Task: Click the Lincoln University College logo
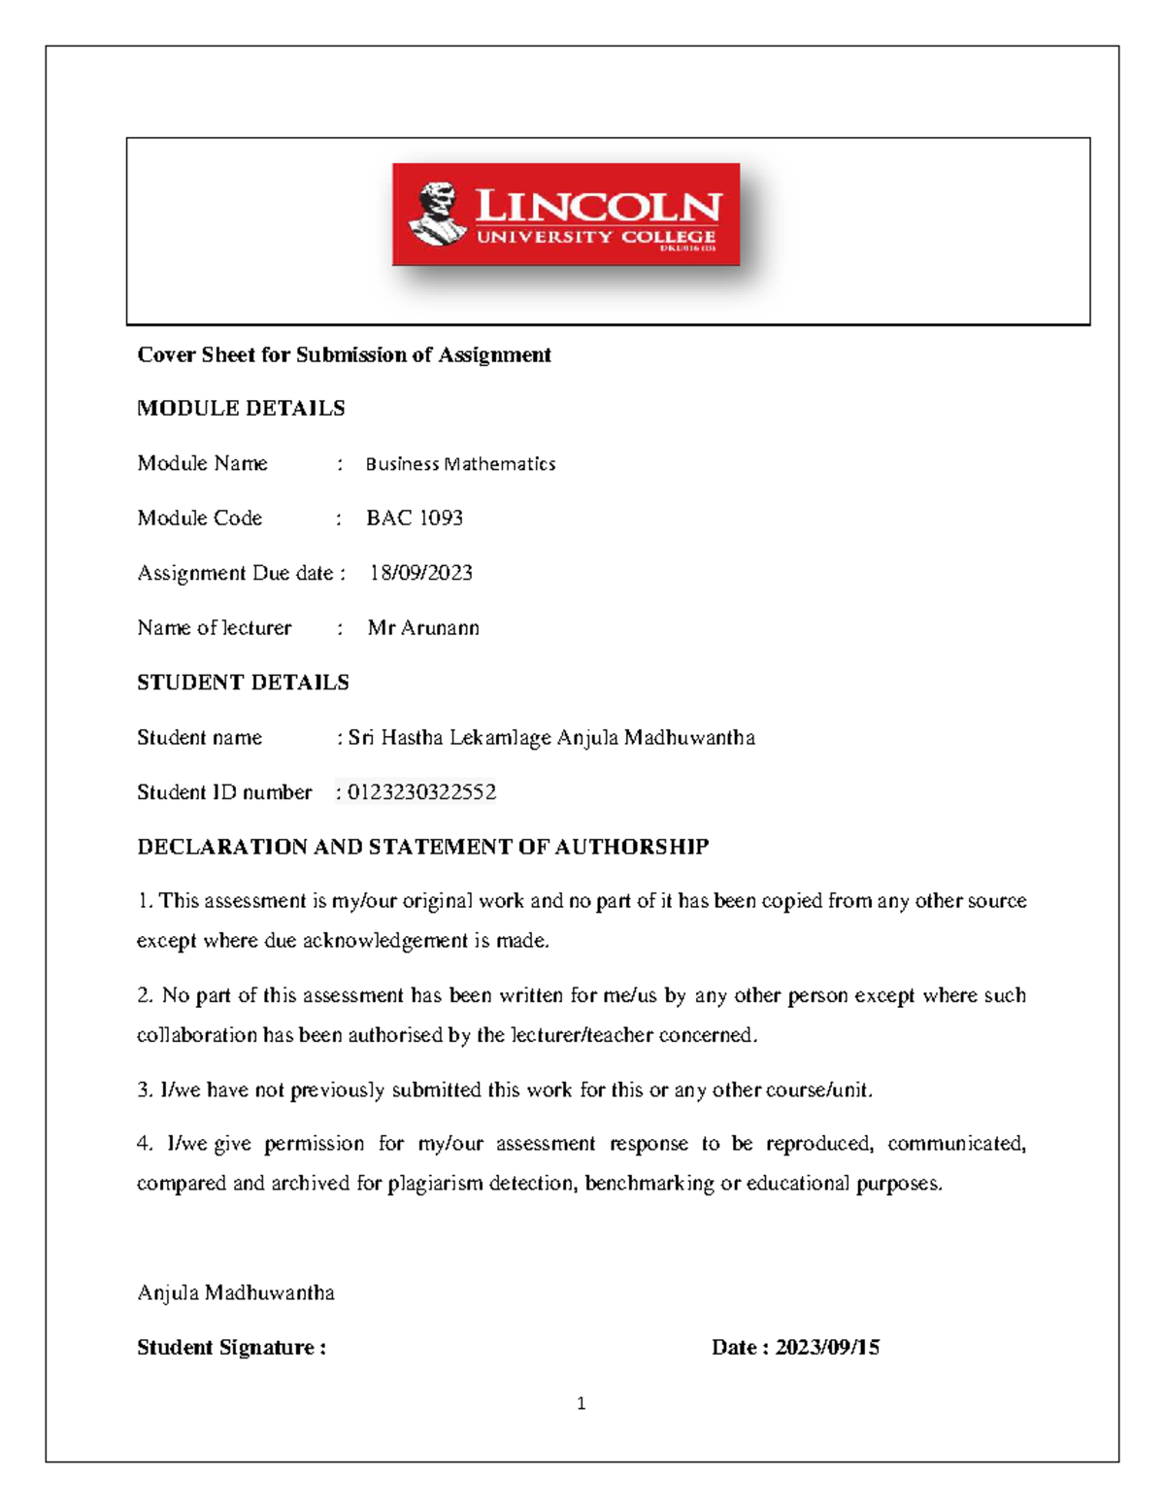(x=566, y=215)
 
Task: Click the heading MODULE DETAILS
(x=241, y=408)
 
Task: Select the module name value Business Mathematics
(x=460, y=464)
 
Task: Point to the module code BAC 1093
(x=415, y=519)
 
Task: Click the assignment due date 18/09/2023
(x=421, y=573)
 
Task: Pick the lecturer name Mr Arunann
(x=423, y=628)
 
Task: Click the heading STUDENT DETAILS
(x=243, y=683)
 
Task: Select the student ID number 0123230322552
(x=421, y=792)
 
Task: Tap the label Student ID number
(x=224, y=792)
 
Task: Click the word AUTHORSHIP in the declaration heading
(x=632, y=847)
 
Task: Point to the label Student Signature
(x=231, y=1348)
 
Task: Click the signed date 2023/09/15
(x=827, y=1348)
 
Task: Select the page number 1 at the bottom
(x=581, y=1403)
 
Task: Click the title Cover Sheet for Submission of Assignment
(x=344, y=355)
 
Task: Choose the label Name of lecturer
(x=215, y=628)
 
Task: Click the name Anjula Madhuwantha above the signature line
(x=236, y=1293)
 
